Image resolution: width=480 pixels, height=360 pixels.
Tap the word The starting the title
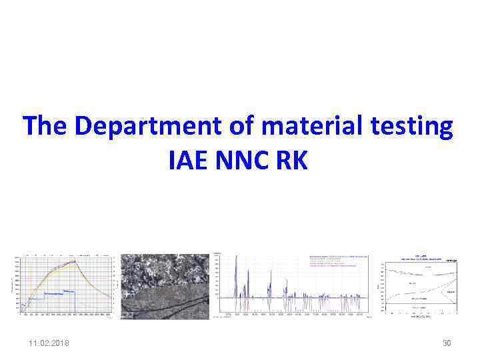(x=45, y=127)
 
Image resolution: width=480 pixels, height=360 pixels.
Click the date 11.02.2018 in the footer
(x=48, y=343)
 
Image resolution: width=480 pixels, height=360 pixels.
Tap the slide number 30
(x=447, y=343)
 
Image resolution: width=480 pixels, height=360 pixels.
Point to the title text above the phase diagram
(x=421, y=257)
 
